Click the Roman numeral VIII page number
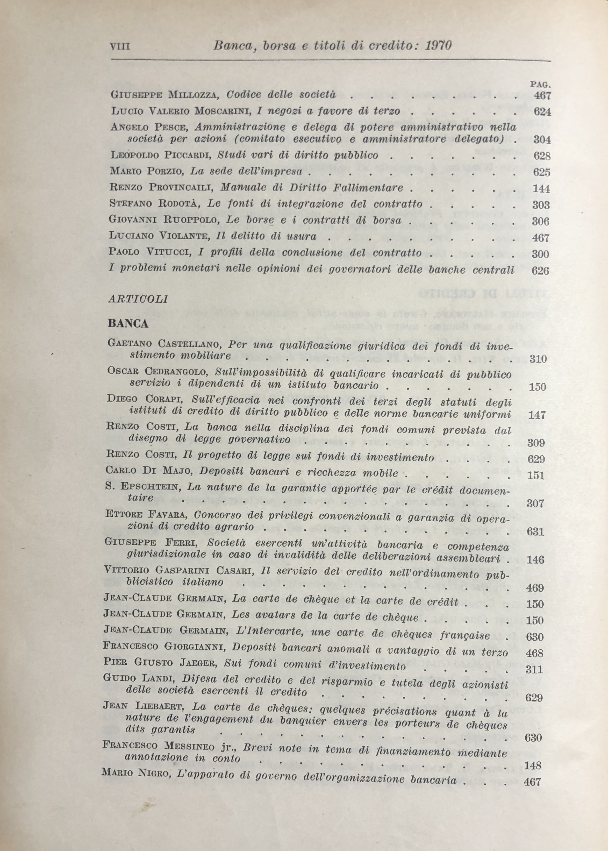pyautogui.click(x=120, y=46)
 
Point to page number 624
pyautogui.click(x=542, y=112)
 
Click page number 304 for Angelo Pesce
pyautogui.click(x=542, y=140)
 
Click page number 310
pyautogui.click(x=538, y=359)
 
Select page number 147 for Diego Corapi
pyautogui.click(x=538, y=415)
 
